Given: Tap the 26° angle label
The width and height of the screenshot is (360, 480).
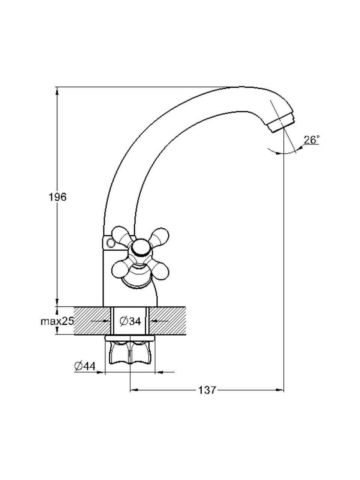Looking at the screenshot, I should pyautogui.click(x=312, y=140).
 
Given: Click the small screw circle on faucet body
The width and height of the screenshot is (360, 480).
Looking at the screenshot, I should pyautogui.click(x=109, y=242).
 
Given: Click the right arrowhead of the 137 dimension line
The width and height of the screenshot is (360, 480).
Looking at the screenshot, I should pyautogui.click(x=280, y=390).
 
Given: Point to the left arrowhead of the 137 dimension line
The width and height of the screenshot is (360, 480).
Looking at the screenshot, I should pyautogui.click(x=133, y=390).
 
